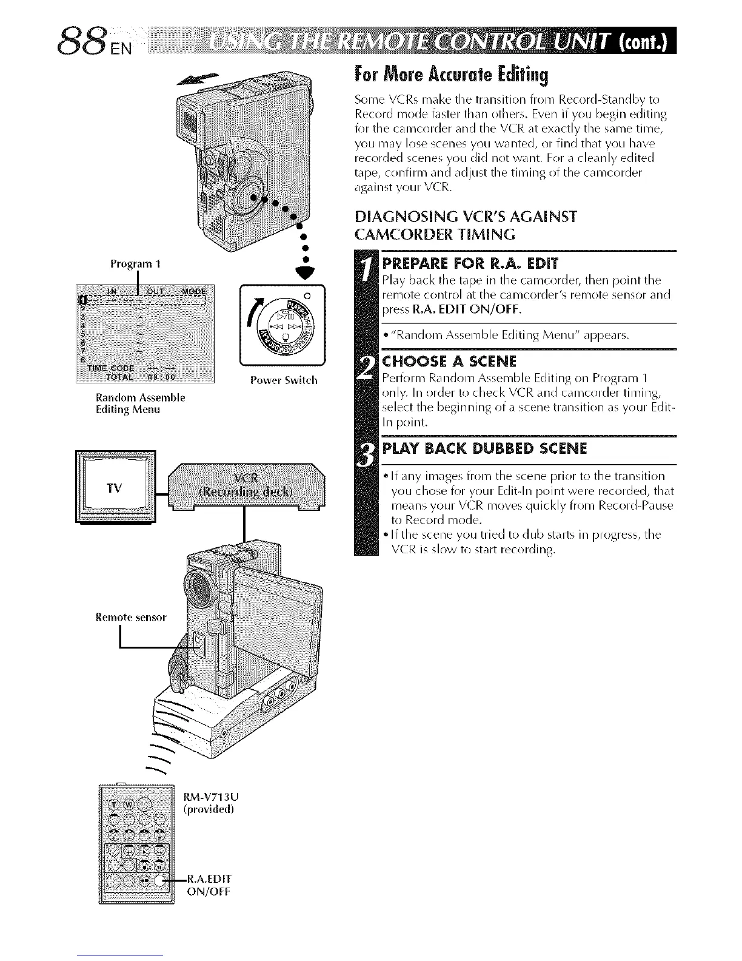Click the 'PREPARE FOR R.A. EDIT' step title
click(x=471, y=263)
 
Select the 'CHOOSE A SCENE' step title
click(x=449, y=362)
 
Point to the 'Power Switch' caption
click(x=283, y=380)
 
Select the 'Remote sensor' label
click(x=130, y=618)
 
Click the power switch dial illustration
click(x=283, y=328)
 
